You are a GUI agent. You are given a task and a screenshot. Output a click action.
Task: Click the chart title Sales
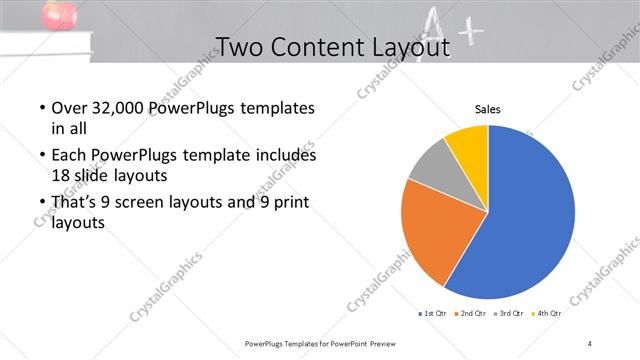[x=487, y=110]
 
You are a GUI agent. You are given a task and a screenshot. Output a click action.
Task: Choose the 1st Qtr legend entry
[x=434, y=314]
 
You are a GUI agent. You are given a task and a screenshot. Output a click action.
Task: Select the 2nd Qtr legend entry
[x=472, y=314]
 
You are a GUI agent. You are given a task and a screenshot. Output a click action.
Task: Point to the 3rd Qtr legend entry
[x=510, y=314]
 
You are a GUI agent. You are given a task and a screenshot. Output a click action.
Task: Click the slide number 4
[x=590, y=343]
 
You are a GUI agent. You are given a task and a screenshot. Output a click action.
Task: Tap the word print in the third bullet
[x=295, y=204]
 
